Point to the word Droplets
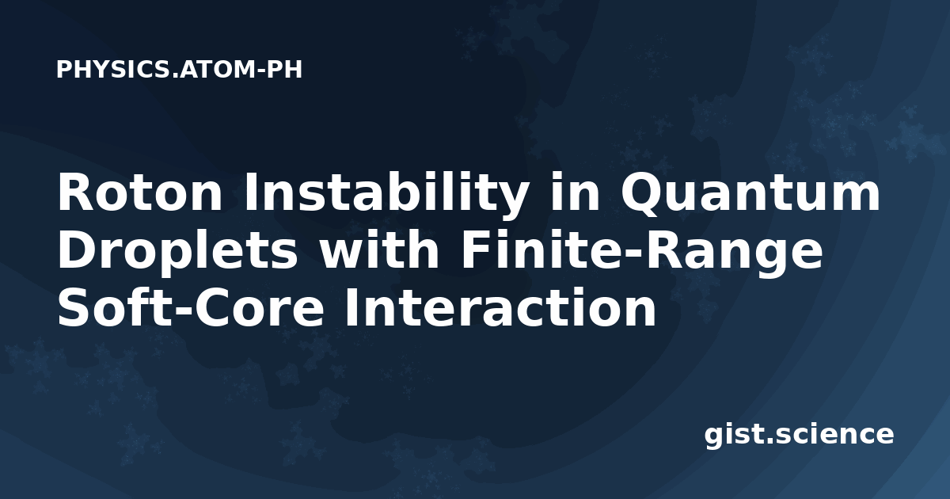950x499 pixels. pyautogui.click(x=177, y=253)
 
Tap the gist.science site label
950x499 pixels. pyautogui.click(x=799, y=436)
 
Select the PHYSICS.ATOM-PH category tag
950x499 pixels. pyautogui.click(x=179, y=70)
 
